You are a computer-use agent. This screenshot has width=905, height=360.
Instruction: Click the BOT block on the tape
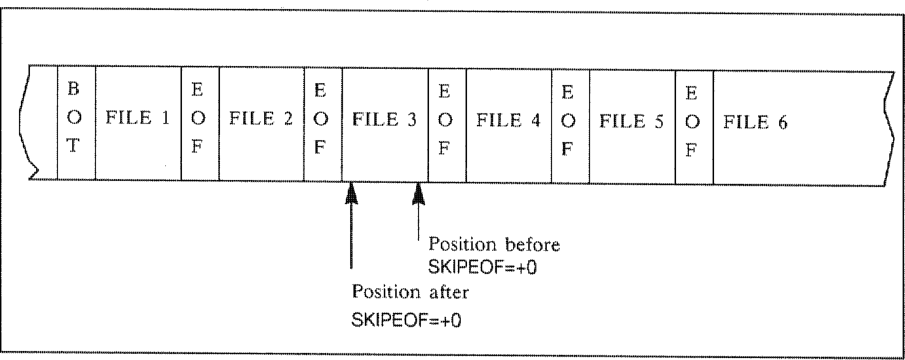pos(76,122)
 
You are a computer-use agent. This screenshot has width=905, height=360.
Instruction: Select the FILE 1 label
pos(137,118)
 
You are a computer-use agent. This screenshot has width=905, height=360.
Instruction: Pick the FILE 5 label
pos(631,122)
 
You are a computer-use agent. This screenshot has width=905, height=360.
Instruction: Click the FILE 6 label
pos(755,123)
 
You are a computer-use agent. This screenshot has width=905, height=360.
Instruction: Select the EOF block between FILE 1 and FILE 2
pos(200,123)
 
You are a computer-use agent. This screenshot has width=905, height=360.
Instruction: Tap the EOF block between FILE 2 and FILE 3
pos(323,123)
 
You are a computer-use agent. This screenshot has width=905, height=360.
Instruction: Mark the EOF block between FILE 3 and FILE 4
pos(447,124)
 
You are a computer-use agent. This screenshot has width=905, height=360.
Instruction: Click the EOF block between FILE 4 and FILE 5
pos(570,125)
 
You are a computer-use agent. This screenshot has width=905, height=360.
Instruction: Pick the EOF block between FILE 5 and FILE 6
pos(694,126)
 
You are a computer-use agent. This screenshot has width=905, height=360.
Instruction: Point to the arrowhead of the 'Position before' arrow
pos(418,195)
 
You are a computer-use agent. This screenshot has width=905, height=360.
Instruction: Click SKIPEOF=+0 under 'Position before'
pos(482,268)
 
